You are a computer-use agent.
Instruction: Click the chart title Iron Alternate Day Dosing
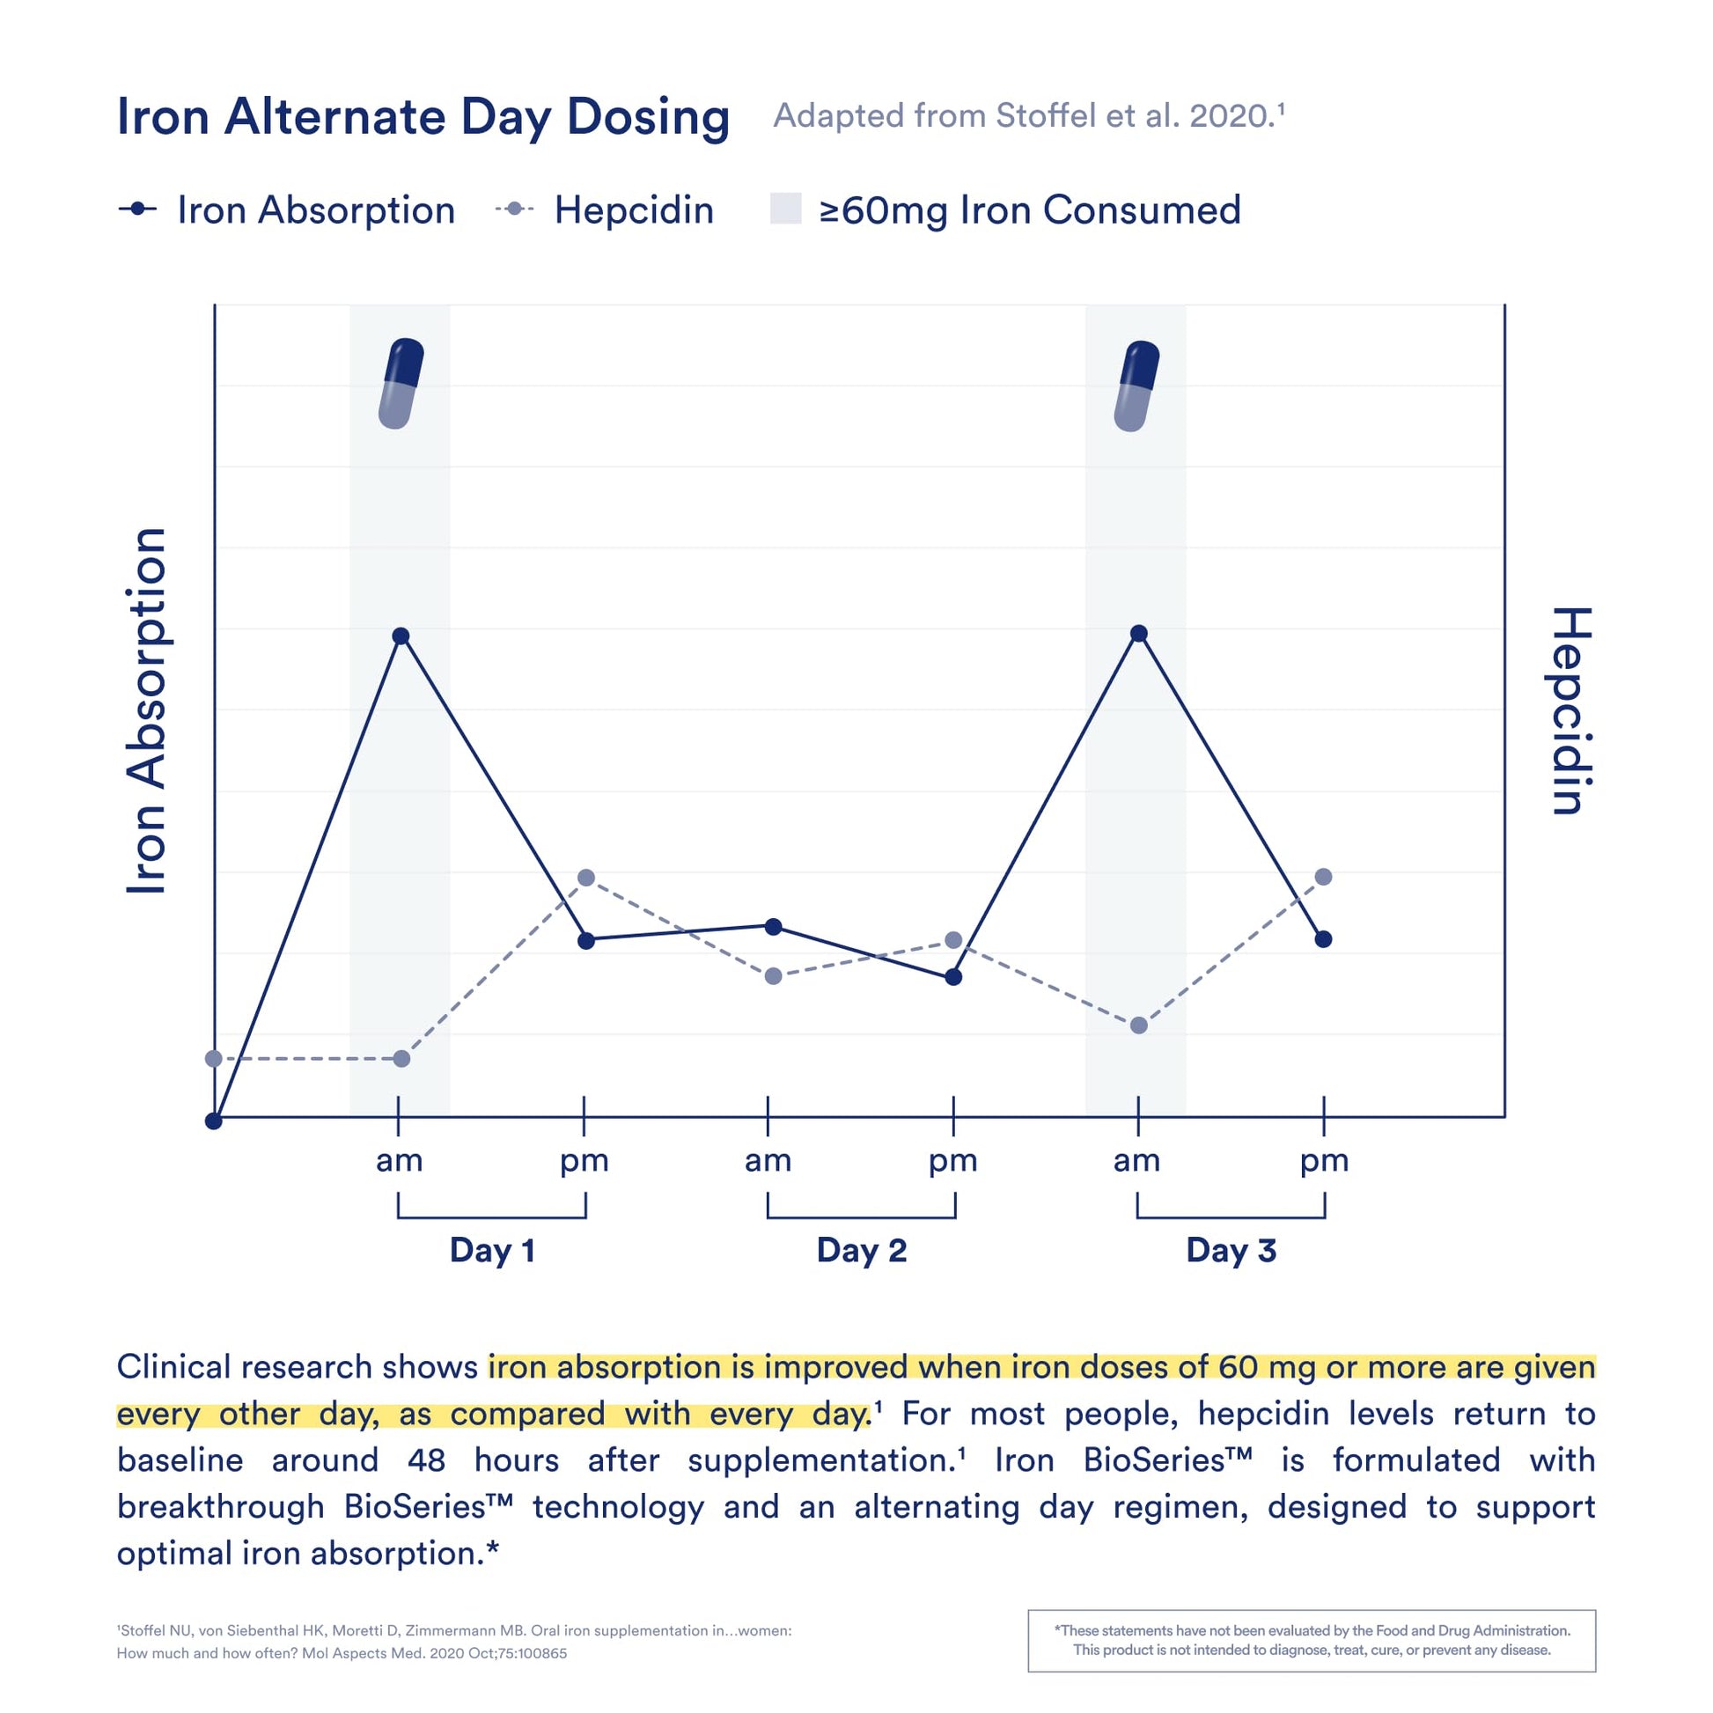point(423,117)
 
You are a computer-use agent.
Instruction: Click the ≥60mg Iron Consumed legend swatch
point(785,210)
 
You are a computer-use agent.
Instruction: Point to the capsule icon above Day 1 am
point(401,383)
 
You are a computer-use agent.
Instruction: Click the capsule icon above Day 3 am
point(1136,386)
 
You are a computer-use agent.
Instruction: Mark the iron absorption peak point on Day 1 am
point(401,636)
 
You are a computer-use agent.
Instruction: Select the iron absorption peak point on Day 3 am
point(1139,633)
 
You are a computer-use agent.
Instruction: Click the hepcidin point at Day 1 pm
point(586,878)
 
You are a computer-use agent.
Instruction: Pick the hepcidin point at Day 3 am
point(1139,1026)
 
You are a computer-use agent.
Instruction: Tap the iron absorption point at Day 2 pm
point(953,977)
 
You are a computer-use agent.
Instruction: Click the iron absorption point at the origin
point(214,1121)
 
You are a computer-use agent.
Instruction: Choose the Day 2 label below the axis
point(862,1250)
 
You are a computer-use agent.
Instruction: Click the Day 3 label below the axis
point(1231,1250)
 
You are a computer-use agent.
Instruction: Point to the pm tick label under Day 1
point(584,1160)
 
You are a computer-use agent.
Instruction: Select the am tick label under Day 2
point(768,1160)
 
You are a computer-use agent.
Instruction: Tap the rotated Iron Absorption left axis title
point(146,711)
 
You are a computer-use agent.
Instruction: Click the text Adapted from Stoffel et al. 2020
point(1028,116)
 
